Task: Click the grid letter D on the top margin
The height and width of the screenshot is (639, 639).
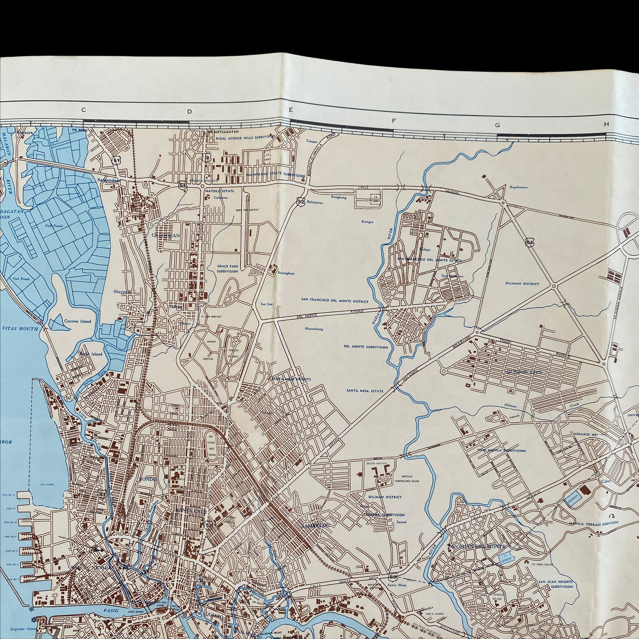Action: [x=190, y=112]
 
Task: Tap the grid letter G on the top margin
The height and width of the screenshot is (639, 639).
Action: [x=497, y=125]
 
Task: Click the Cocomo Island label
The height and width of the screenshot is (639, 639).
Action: [x=77, y=321]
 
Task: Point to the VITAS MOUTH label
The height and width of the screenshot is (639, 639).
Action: [x=20, y=329]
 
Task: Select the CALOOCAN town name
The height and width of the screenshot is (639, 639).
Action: [x=166, y=235]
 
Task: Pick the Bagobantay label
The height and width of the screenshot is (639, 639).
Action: [x=519, y=187]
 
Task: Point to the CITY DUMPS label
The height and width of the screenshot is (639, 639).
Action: [x=47, y=485]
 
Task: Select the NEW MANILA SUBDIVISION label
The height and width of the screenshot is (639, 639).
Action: [x=501, y=450]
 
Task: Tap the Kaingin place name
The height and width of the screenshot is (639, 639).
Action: [x=367, y=222]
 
